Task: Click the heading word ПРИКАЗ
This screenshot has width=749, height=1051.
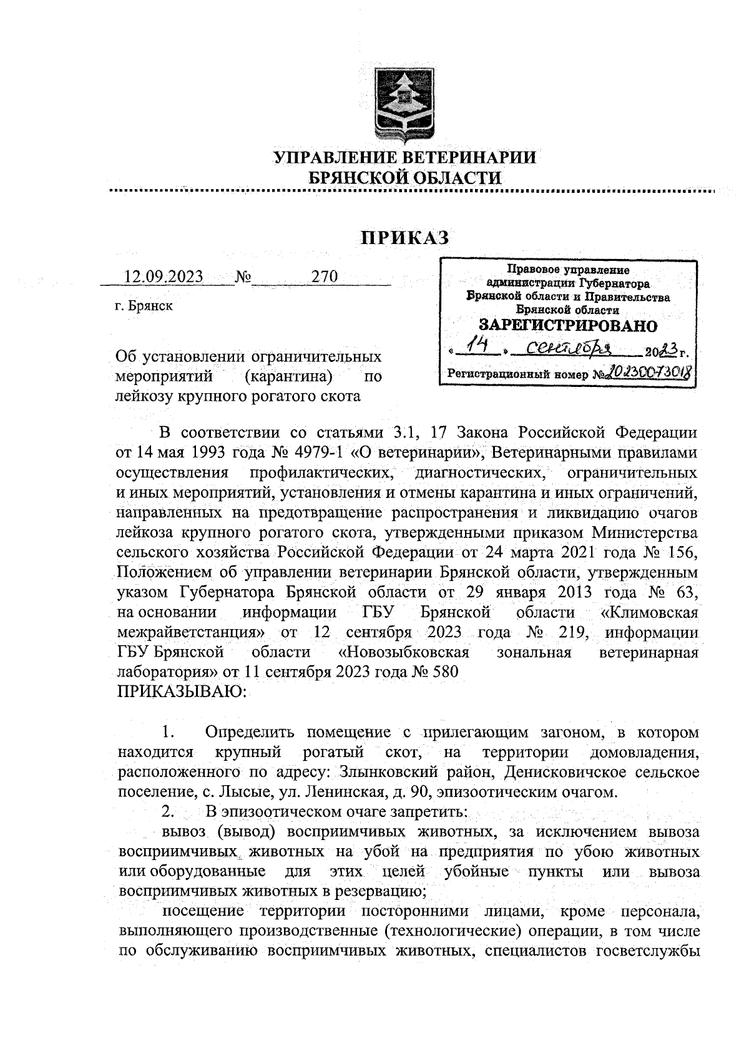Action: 404,237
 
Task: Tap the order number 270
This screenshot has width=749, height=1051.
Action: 324,276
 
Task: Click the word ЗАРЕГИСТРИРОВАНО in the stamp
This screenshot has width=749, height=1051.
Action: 567,325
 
